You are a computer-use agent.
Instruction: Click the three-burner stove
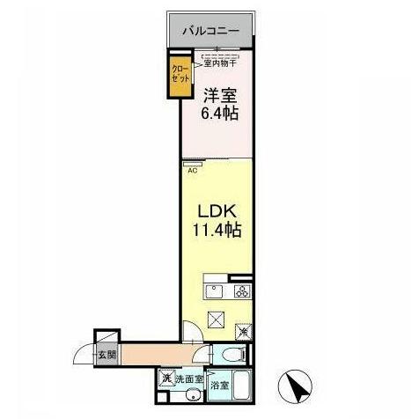[x=242, y=291]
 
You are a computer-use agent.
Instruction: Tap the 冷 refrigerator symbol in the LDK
[x=244, y=332]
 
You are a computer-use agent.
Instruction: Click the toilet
[x=232, y=356]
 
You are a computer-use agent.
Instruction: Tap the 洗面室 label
[x=188, y=380]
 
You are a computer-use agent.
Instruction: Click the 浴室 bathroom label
[x=220, y=385]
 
